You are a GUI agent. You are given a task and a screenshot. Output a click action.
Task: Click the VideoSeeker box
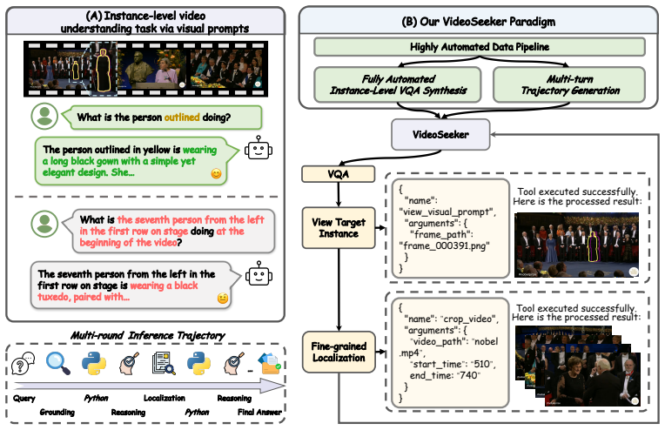point(440,134)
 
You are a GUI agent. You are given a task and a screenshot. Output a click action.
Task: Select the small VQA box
point(338,174)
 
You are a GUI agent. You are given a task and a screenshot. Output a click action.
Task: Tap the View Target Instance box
point(339,228)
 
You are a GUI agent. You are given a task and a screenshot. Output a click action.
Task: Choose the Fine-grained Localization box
point(339,352)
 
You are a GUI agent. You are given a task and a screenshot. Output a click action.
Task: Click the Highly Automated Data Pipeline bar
point(480,47)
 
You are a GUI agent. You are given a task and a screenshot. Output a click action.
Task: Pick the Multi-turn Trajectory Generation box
point(569,84)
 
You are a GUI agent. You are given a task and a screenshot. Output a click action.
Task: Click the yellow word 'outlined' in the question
point(182,117)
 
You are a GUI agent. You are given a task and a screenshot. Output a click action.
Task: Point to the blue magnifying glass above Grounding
point(58,364)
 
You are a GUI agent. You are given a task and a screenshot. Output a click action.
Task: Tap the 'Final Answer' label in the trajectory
point(259,412)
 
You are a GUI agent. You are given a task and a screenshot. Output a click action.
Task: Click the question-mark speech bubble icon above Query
point(24,364)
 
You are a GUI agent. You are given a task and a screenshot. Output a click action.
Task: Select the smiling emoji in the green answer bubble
point(216,173)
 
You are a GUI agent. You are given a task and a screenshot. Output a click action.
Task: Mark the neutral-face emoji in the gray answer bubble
point(223,298)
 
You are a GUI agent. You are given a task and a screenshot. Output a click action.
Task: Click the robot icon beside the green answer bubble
point(259,148)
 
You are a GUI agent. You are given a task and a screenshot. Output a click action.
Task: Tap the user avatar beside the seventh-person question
point(44,224)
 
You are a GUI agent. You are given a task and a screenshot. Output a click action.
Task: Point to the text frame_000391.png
point(445,245)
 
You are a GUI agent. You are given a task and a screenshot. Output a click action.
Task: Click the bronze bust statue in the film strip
point(138,68)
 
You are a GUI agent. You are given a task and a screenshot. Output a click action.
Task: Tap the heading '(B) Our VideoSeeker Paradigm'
point(479,22)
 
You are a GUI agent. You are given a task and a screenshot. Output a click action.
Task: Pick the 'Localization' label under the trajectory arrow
point(165,398)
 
